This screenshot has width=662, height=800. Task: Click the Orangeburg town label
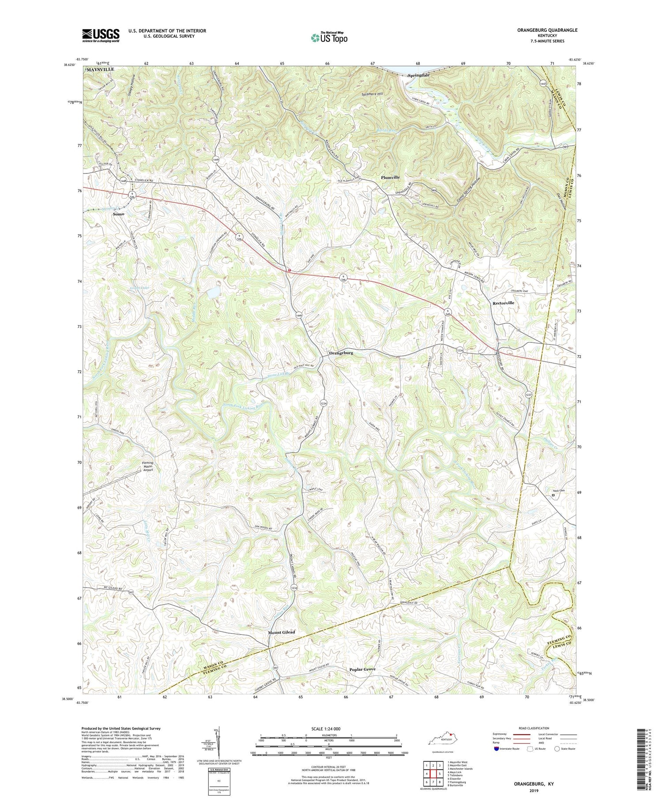pyautogui.click(x=341, y=353)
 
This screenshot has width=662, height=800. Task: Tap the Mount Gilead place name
pyautogui.click(x=282, y=632)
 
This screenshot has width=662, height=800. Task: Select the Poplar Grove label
pyautogui.click(x=362, y=669)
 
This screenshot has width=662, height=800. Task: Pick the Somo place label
pyautogui.click(x=118, y=214)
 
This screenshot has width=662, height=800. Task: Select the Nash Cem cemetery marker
pyautogui.click(x=553, y=495)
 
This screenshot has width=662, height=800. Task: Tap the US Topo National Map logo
pyautogui.click(x=329, y=38)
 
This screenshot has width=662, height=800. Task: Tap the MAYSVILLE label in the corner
pyautogui.click(x=100, y=70)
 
